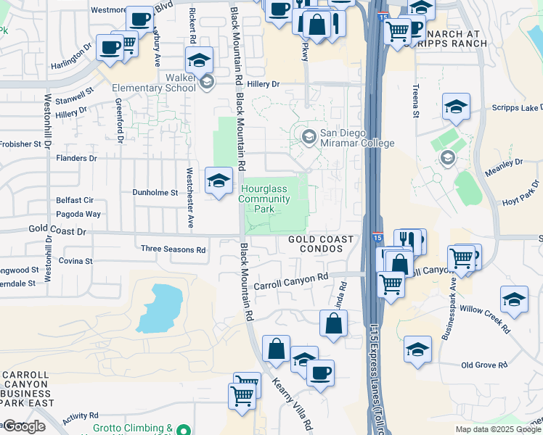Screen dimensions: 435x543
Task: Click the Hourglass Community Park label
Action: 265,199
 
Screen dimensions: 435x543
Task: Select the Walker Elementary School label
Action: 153,82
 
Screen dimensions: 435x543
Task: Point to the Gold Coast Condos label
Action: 320,244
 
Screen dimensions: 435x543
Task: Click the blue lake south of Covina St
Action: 160,308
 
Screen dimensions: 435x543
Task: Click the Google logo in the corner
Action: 24,426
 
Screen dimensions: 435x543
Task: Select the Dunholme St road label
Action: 155,193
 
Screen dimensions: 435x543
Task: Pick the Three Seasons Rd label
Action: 173,249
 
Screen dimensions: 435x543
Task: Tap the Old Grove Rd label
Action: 487,365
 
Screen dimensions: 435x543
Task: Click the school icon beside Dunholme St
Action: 219,181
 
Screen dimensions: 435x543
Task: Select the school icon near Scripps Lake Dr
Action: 455,107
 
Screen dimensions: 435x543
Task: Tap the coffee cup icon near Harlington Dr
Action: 110,48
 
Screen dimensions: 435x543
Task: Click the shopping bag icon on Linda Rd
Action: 333,323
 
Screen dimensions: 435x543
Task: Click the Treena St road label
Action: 416,100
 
